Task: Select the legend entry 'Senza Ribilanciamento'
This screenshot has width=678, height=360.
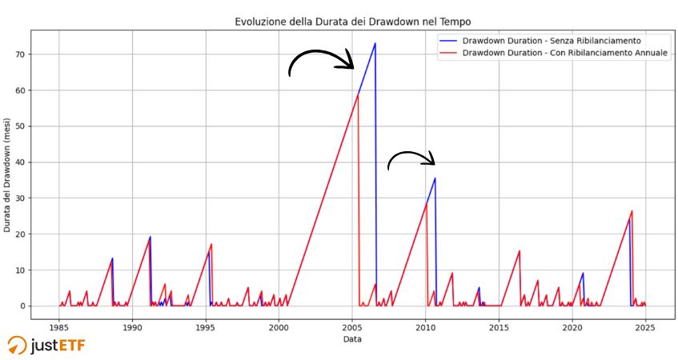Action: (x=552, y=40)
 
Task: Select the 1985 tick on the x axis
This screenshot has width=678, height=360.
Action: (x=58, y=328)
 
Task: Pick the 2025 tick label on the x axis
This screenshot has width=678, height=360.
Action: (x=645, y=328)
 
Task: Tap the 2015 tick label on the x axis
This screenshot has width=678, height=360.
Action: (x=499, y=328)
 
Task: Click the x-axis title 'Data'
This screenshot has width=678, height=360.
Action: (x=352, y=340)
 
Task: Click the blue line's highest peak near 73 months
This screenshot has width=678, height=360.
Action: (x=375, y=43)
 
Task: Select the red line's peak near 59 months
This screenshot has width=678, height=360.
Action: (x=357, y=94)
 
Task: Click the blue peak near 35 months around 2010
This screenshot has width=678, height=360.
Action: (x=435, y=178)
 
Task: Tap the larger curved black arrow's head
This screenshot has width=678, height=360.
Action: (x=349, y=64)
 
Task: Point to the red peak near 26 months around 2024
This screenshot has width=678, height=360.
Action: (x=632, y=211)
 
